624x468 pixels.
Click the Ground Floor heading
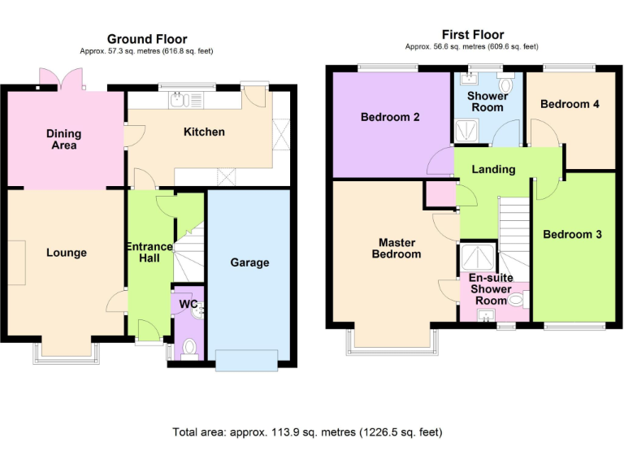pos(147,39)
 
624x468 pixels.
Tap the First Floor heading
pos(472,34)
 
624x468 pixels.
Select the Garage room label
pos(249,262)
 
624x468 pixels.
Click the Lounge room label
pos(66,253)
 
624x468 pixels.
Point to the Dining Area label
pos(63,139)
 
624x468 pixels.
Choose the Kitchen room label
pos(204,132)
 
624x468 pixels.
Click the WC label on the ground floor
pos(188,304)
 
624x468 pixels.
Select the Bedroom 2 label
pos(390,117)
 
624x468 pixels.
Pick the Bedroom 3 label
pos(572,235)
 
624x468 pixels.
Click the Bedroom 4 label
pos(570,104)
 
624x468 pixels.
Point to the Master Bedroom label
pos(396,248)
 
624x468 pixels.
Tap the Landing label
pos(493,169)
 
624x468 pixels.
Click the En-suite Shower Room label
pos(491,289)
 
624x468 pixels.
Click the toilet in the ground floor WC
pos(189,348)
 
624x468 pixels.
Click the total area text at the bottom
pos(307,432)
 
